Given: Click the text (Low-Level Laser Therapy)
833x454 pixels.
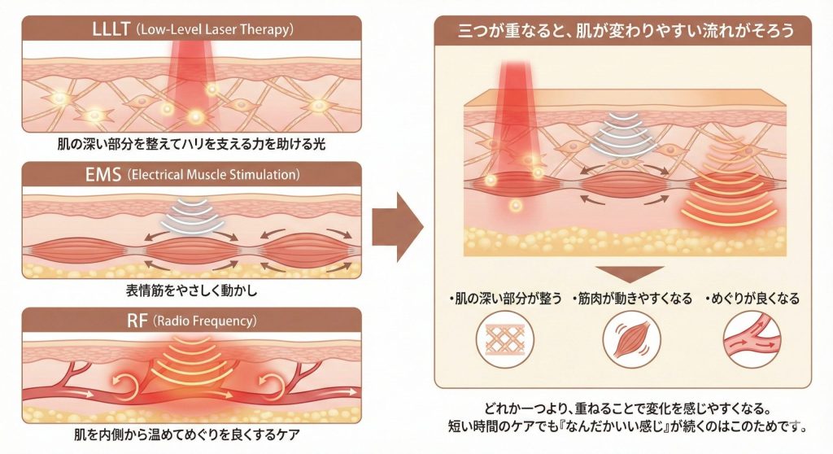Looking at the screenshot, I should [x=215, y=31].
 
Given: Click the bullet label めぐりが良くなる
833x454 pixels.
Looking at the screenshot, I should [x=752, y=299].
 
